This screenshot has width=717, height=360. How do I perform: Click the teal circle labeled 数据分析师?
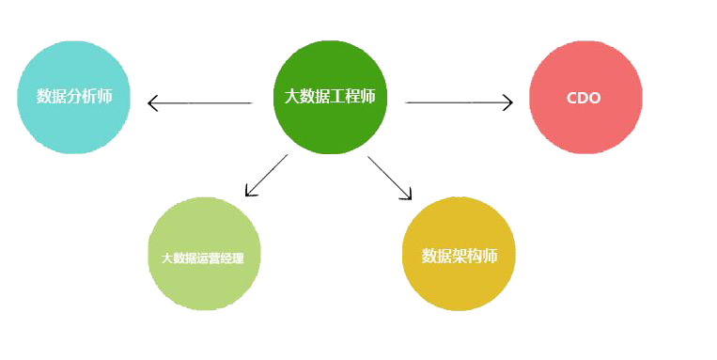[x=73, y=98]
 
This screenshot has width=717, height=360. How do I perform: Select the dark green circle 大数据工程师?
[x=330, y=97]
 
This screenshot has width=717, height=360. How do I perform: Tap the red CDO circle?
[x=585, y=98]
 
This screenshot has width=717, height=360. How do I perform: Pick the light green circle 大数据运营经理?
[x=205, y=254]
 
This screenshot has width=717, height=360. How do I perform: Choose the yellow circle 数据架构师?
[x=459, y=254]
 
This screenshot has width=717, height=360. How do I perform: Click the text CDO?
[x=584, y=98]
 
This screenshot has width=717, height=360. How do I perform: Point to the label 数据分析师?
[x=74, y=97]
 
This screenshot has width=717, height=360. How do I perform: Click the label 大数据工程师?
[x=330, y=97]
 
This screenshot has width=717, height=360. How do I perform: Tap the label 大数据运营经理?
[x=203, y=258]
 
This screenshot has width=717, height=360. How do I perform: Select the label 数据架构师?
[x=460, y=257]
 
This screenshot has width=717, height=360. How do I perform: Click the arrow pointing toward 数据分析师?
[x=200, y=102]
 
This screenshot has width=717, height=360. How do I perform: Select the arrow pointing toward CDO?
[x=459, y=102]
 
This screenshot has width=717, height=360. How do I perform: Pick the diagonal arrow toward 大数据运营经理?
[x=267, y=175]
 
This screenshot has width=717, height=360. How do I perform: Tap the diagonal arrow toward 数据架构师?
[x=390, y=178]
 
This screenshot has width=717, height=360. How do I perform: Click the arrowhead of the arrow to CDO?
[x=508, y=102]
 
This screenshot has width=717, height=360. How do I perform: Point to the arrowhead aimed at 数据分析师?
[x=152, y=102]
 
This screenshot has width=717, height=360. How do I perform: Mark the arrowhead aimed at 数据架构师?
[x=407, y=195]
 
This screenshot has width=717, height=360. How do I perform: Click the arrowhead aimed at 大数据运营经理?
[x=250, y=192]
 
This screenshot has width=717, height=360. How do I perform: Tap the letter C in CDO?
[x=572, y=98]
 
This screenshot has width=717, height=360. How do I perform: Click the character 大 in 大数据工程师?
[x=291, y=97]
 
